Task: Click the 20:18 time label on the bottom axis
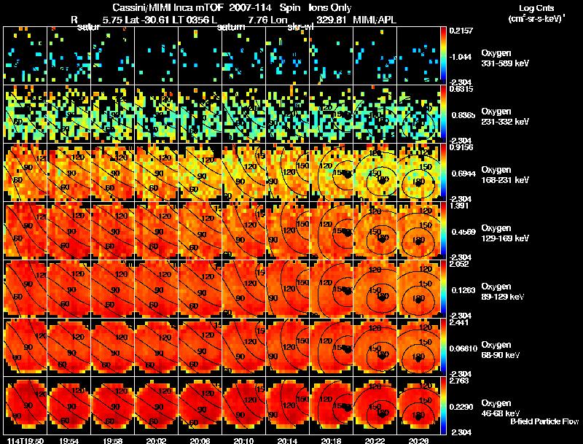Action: click(332, 440)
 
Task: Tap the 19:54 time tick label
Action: click(69, 440)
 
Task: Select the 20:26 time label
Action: click(419, 440)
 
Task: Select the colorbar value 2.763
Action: click(461, 381)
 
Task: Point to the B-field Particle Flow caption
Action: click(544, 421)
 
